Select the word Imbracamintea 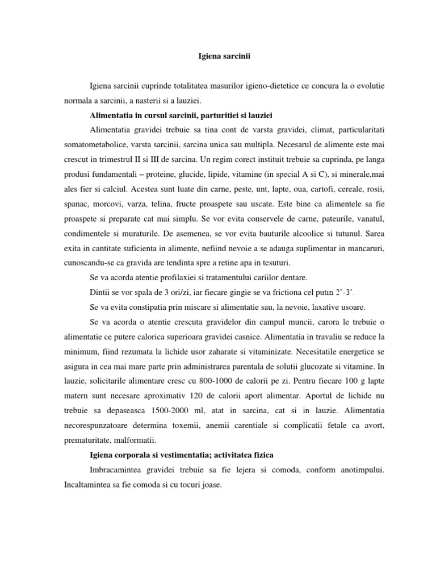120,471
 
